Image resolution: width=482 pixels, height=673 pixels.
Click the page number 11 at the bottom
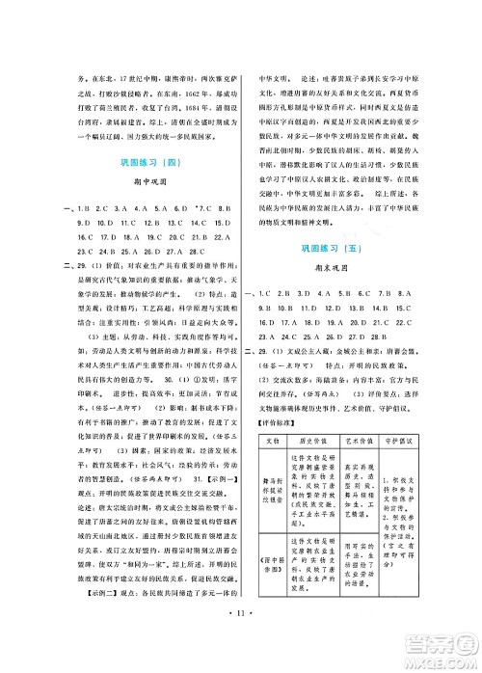(x=240, y=639)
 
